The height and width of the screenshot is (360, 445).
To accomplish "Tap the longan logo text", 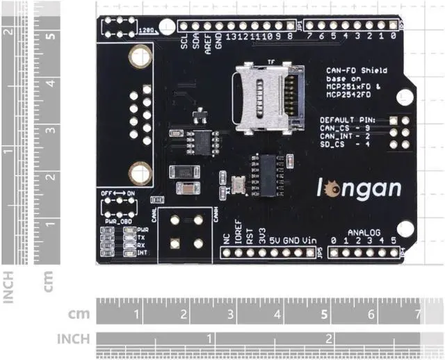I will tap(361, 188).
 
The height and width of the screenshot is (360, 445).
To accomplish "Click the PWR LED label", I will tap(143, 229).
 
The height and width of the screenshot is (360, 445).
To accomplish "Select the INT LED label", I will tap(142, 253).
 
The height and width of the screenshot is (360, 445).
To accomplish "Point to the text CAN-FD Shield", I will tap(357, 71).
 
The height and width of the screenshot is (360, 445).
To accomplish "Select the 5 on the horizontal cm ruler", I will tap(325, 314).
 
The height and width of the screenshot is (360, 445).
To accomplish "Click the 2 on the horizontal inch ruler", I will tap(328, 339).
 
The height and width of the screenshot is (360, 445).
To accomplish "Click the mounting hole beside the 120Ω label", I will tap(166, 26).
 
